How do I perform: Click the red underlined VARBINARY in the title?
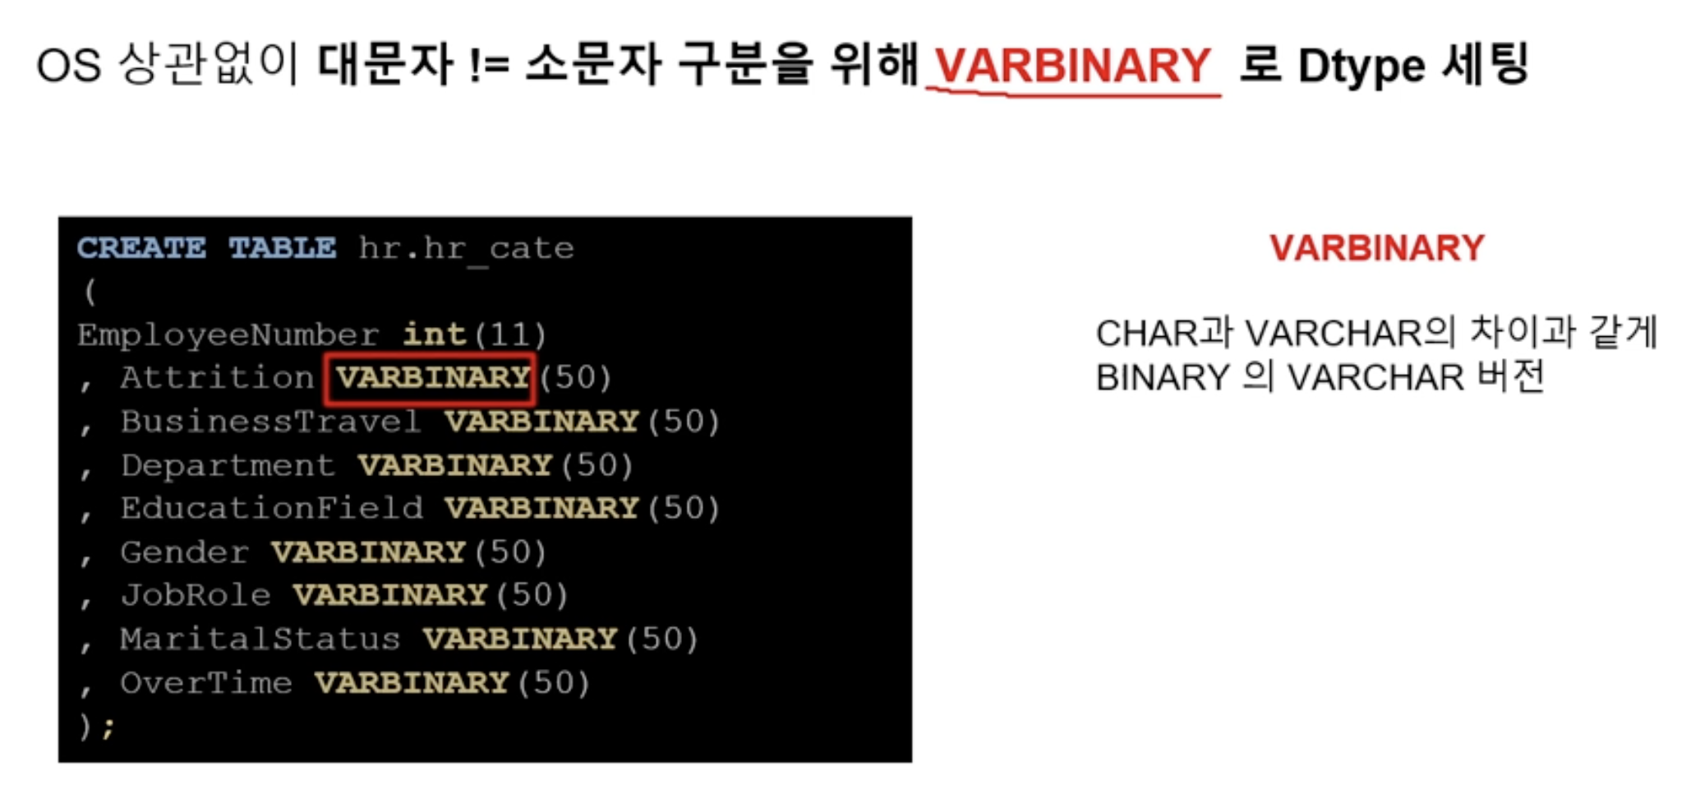1072,65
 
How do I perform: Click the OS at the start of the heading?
69,65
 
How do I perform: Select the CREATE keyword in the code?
141,247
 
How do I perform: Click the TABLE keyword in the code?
282,247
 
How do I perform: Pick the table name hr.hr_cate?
466,248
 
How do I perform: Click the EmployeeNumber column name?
228,335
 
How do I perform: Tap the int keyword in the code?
434,334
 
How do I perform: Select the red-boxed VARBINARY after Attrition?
432,377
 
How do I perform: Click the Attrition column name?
217,377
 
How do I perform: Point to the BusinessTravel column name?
271,421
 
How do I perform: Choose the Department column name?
228,465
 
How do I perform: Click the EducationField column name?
271,508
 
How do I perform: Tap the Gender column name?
184,552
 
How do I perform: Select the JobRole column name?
196,594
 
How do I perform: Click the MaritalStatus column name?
260,639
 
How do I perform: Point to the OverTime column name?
206,682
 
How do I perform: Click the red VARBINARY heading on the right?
1377,247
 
